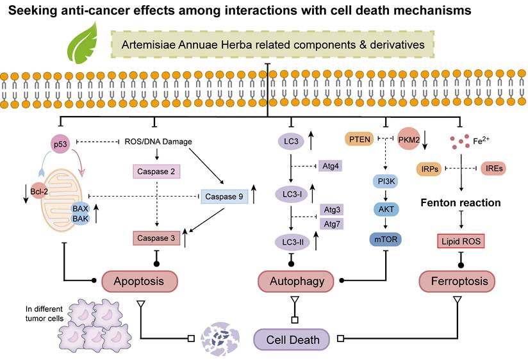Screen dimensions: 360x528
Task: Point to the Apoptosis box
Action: (x=140, y=281)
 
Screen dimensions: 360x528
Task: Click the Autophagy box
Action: (x=292, y=281)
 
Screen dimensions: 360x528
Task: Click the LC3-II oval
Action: (x=292, y=241)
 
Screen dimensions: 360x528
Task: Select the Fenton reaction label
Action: (x=460, y=203)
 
